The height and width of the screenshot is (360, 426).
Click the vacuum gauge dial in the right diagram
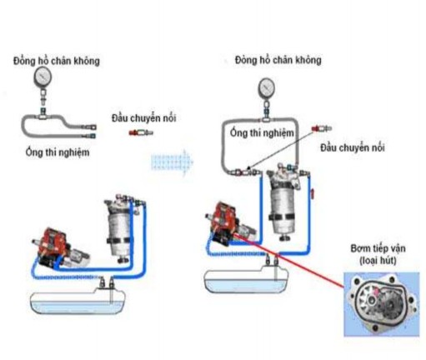pos(266,86)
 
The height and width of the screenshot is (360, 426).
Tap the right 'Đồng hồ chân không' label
pos(278,61)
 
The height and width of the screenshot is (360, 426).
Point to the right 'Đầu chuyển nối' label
pos(352,147)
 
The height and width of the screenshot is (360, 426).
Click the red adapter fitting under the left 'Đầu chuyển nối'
pos(136,133)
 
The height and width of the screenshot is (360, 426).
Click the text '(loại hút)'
pos(377,261)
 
